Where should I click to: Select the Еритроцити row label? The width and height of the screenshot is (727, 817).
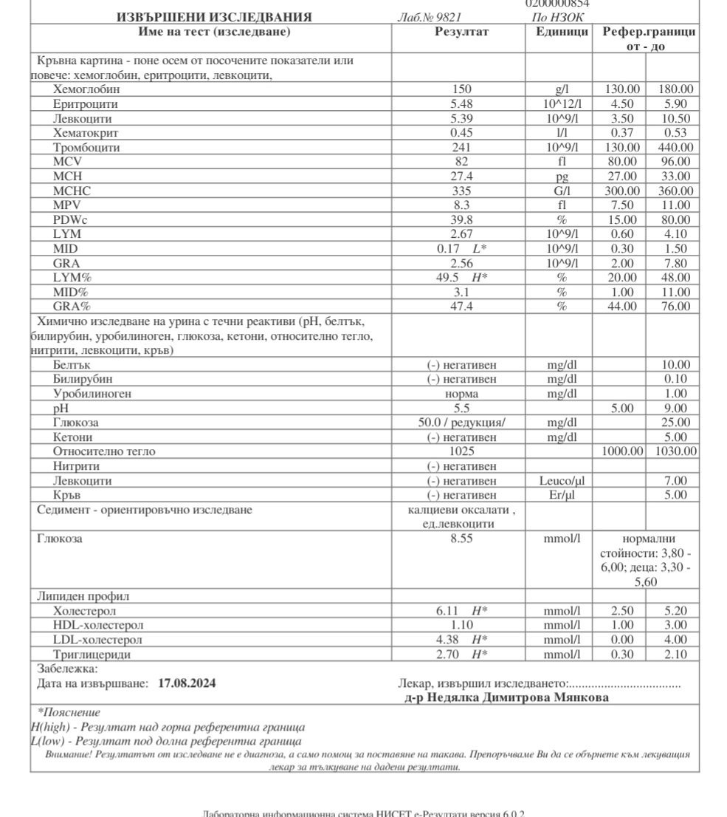click(85, 104)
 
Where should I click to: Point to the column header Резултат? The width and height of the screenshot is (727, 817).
click(461, 32)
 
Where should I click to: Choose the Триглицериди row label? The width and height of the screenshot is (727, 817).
click(87, 654)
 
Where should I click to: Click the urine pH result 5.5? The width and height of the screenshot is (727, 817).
click(461, 408)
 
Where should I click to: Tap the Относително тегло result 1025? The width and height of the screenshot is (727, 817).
click(461, 451)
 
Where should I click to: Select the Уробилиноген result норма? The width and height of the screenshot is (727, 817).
click(461, 394)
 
